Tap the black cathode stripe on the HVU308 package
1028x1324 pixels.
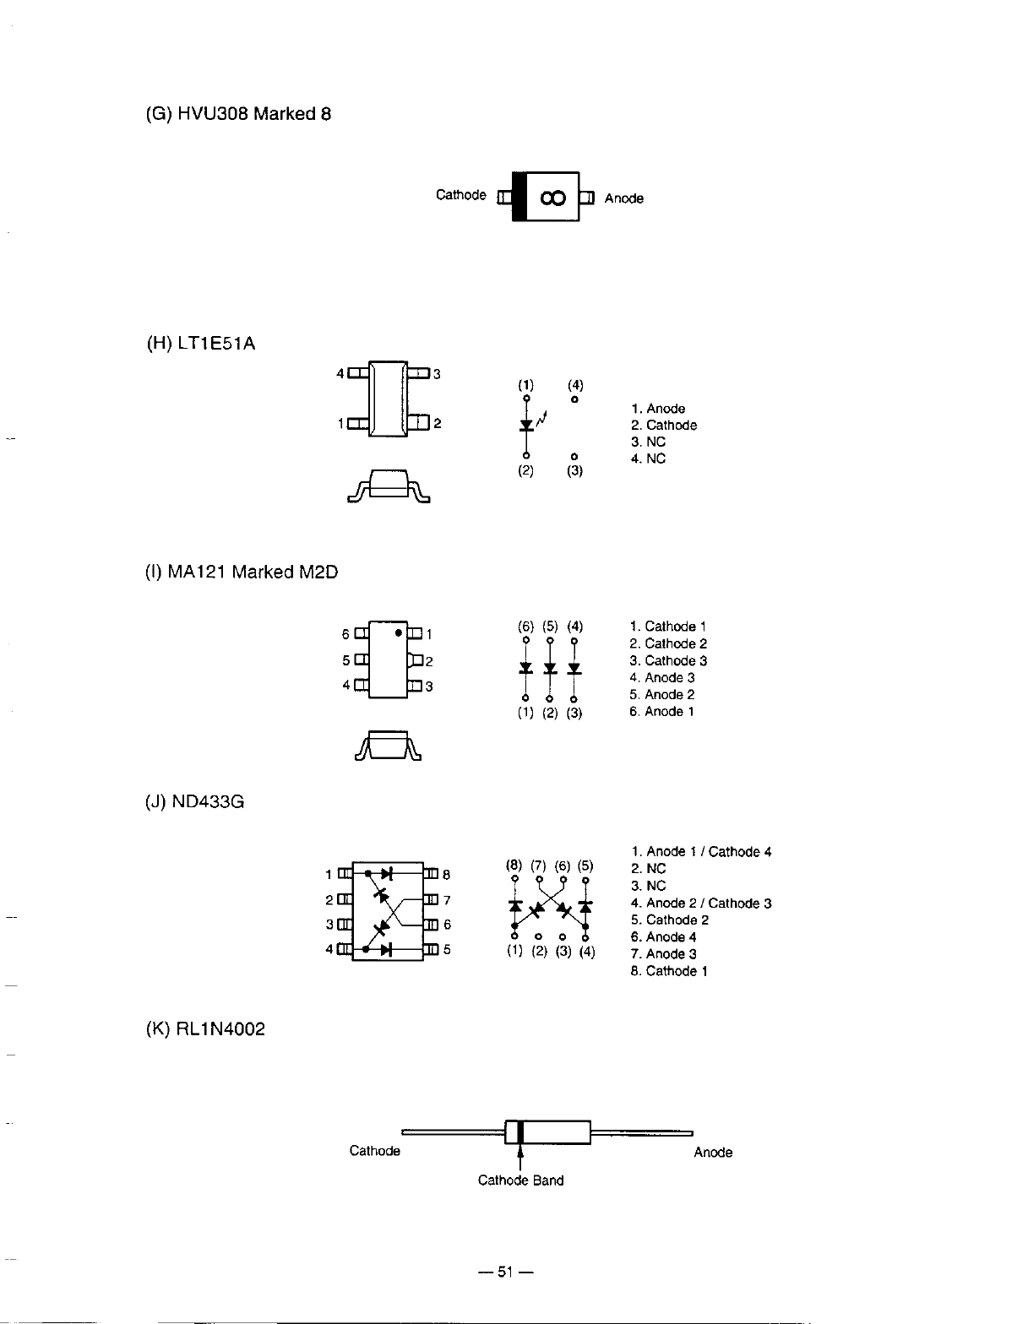pos(519,197)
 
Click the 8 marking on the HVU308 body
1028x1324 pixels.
pos(552,198)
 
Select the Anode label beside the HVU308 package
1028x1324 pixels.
pos(623,198)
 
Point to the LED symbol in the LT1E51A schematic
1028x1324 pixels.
pos(526,424)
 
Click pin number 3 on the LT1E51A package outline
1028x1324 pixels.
pos(437,374)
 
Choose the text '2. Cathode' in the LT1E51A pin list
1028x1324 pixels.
pos(664,426)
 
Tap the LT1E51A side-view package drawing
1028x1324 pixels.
pos(389,487)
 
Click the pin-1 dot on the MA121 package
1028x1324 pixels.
pos(397,632)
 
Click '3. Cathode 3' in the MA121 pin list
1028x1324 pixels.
pos(668,660)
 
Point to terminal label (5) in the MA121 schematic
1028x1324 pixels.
pos(550,627)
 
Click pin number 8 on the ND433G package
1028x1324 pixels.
pos(447,875)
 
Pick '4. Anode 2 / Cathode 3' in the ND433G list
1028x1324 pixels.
pos(701,903)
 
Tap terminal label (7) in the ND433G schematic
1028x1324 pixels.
pos(538,865)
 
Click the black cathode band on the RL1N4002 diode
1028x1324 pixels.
pos(520,1131)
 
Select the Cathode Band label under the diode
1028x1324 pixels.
pos(520,1180)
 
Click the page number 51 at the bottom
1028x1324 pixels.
pos(505,1272)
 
